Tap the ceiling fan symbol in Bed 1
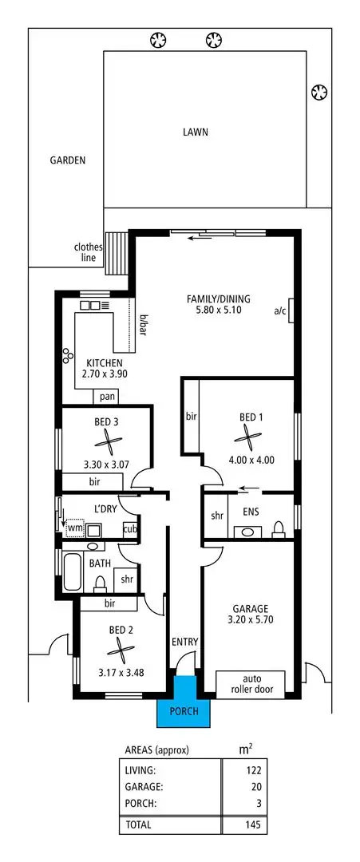250,436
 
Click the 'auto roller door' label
250,684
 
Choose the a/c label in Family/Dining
279,310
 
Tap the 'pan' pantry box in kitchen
105,397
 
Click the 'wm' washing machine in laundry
74,528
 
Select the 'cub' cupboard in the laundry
129,528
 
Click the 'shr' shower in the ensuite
216,516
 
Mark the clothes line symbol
119,242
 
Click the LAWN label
194,132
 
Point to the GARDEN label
68,160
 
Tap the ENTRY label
184,641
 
